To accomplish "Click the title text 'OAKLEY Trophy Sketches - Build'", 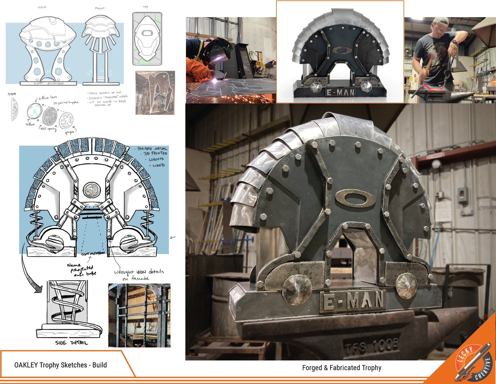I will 60,365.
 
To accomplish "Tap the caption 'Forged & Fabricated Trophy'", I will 342,368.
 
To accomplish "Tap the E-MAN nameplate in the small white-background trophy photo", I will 341,92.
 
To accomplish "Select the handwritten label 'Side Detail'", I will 72,343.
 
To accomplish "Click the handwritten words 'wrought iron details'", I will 139,272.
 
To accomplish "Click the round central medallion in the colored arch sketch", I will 91,190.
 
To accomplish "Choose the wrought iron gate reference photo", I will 139,315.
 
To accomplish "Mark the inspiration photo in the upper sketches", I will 155,93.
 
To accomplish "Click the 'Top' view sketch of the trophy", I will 147,39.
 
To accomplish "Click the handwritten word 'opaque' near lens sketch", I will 70,132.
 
